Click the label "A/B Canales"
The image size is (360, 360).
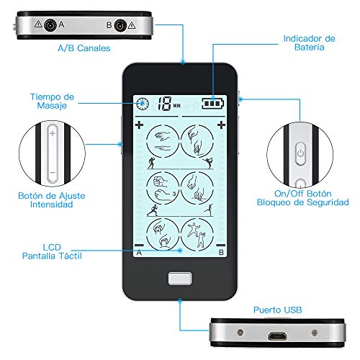(x=84, y=48)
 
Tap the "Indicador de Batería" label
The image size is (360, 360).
(x=309, y=42)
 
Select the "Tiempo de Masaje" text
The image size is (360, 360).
(x=52, y=101)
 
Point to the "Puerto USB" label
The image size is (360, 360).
(x=278, y=310)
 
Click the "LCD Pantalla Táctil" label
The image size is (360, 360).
(x=52, y=251)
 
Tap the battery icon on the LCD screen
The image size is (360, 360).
(x=213, y=104)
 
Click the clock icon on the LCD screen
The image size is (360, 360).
(x=143, y=104)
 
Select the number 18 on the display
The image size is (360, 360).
(x=164, y=104)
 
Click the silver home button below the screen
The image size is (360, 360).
(x=180, y=279)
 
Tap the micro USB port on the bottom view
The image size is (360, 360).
(x=277, y=336)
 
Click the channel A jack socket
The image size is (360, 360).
(x=50, y=25)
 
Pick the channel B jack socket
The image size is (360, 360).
(x=120, y=26)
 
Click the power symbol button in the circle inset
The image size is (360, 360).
(x=300, y=154)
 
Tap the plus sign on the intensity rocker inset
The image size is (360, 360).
(x=53, y=133)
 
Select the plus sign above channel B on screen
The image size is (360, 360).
(x=221, y=125)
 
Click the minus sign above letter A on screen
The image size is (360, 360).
(x=139, y=246)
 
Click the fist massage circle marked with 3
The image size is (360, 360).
(x=163, y=189)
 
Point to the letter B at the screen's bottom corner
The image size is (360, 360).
(x=221, y=253)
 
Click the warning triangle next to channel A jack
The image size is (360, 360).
(x=38, y=24)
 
